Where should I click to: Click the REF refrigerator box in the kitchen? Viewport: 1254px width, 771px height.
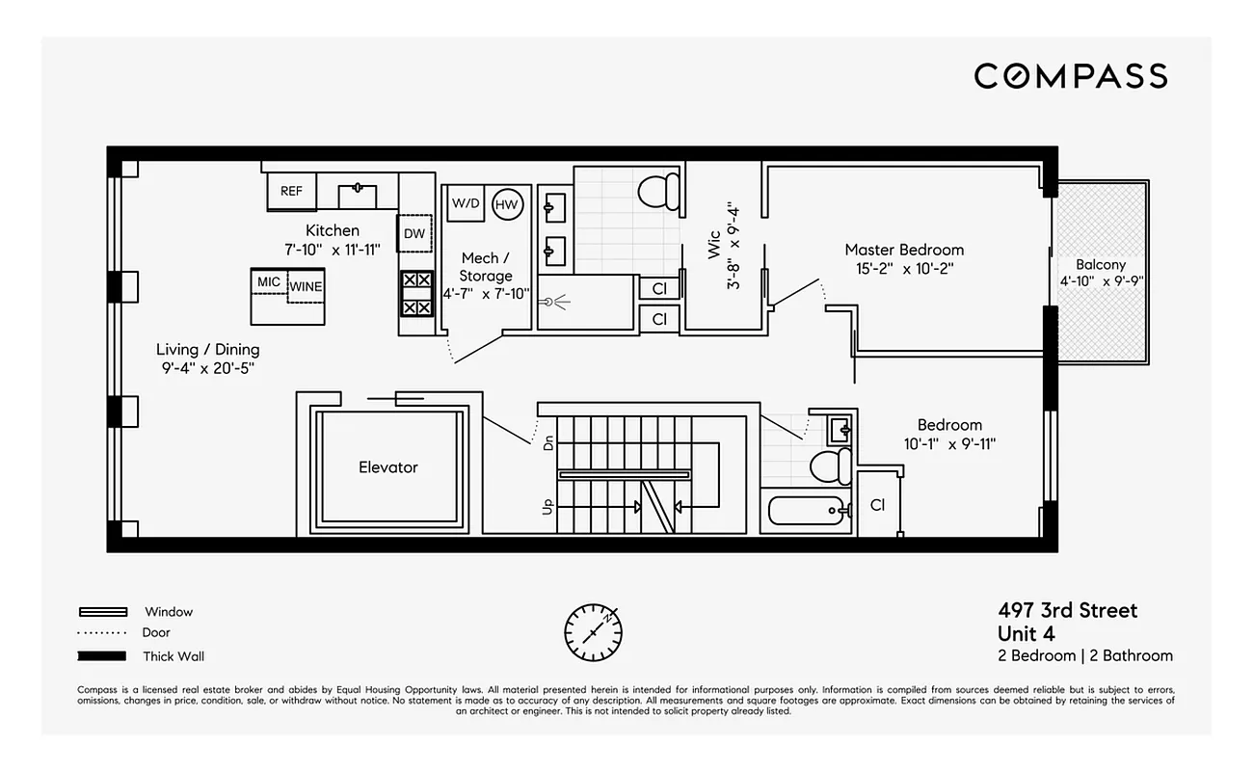(291, 192)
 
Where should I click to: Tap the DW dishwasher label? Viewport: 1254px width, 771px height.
(414, 234)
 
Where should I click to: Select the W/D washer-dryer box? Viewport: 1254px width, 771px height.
(466, 203)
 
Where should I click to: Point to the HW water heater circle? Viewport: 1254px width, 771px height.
(507, 203)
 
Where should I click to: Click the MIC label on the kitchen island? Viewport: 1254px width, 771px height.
(269, 281)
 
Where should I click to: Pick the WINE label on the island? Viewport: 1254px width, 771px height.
(307, 286)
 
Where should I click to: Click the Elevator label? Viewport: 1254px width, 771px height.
(388, 467)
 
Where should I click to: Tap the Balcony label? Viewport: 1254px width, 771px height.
(1101, 265)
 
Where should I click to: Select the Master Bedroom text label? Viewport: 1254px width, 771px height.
(904, 250)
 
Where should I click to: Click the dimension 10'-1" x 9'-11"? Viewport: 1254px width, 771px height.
(949, 444)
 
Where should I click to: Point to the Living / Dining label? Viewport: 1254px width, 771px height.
(208, 350)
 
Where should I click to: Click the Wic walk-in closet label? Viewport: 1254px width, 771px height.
(714, 246)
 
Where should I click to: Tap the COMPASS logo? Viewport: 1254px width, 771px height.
(1070, 76)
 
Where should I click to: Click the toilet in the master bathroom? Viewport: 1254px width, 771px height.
(659, 191)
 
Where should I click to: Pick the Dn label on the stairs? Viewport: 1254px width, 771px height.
(549, 443)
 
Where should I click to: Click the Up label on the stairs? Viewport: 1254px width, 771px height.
(549, 506)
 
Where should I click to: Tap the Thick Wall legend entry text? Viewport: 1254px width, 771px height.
(173, 657)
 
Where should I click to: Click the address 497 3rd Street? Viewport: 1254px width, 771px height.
(1067, 610)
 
